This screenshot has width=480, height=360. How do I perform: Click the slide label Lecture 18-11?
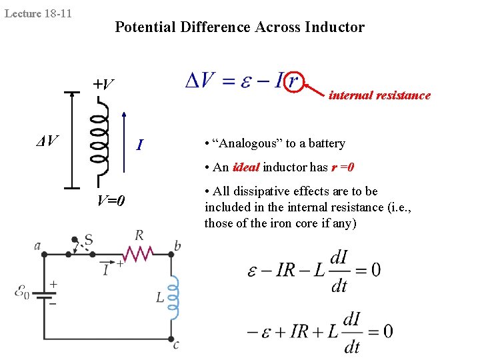(x=38, y=13)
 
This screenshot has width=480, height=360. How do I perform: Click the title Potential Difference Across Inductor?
(x=239, y=27)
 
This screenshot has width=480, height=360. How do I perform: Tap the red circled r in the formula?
(x=292, y=81)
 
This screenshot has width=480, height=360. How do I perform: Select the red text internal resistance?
(x=379, y=95)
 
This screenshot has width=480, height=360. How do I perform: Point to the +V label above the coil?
(x=103, y=85)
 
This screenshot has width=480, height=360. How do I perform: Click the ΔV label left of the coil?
(x=47, y=141)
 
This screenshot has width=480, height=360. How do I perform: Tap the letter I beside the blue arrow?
(x=139, y=144)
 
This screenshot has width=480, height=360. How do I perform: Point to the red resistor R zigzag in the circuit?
(x=138, y=253)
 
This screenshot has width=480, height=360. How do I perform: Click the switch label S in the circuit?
(x=88, y=239)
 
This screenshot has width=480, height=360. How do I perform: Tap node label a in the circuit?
(x=37, y=245)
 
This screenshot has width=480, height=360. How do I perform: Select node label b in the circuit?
(x=177, y=246)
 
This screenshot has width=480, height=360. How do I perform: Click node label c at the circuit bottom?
(x=176, y=345)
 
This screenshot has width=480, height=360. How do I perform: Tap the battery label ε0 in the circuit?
(x=22, y=291)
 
